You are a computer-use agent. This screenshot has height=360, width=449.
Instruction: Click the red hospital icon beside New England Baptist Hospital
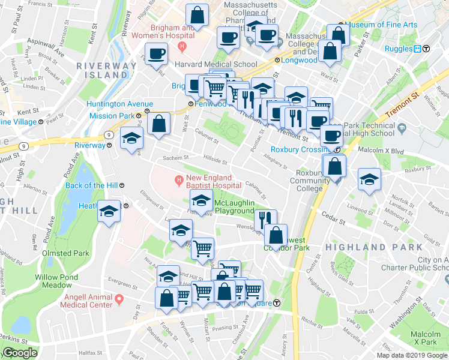click(x=178, y=179)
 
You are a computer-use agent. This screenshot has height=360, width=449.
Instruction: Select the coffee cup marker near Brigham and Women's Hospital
click(x=157, y=53)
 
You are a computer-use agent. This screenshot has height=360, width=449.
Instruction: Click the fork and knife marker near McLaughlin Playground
click(x=265, y=219)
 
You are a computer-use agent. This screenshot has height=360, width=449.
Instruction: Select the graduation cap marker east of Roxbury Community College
click(x=369, y=179)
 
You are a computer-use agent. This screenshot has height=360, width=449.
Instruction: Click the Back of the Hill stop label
click(x=91, y=185)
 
